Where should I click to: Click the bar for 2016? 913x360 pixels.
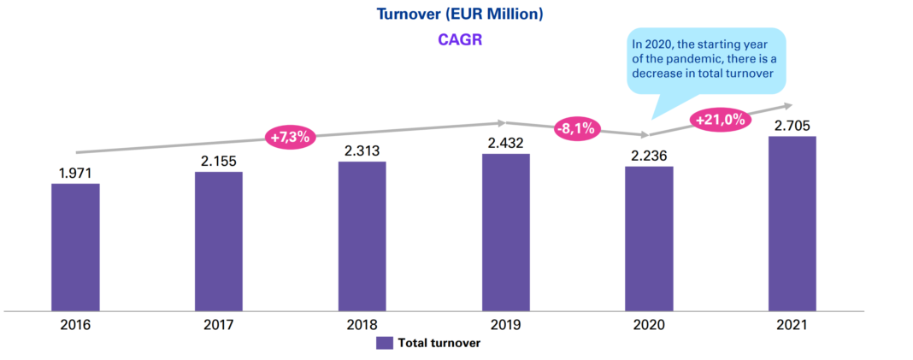[x=75, y=246]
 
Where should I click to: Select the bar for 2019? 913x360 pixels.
[x=505, y=232]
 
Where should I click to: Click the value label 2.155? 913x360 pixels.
[x=220, y=161]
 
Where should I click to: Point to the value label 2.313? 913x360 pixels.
[x=362, y=150]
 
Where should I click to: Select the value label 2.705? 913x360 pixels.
[x=792, y=126]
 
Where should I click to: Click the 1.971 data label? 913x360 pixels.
[x=75, y=173]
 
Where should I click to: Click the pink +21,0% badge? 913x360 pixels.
[x=722, y=119]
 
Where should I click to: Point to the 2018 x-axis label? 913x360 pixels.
[x=362, y=325]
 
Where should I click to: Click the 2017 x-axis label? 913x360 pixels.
[x=220, y=325]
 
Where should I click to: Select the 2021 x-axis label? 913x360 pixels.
[x=792, y=325]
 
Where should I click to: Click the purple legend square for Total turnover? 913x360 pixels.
[x=385, y=343]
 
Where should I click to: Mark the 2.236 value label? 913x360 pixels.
[x=649, y=156]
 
